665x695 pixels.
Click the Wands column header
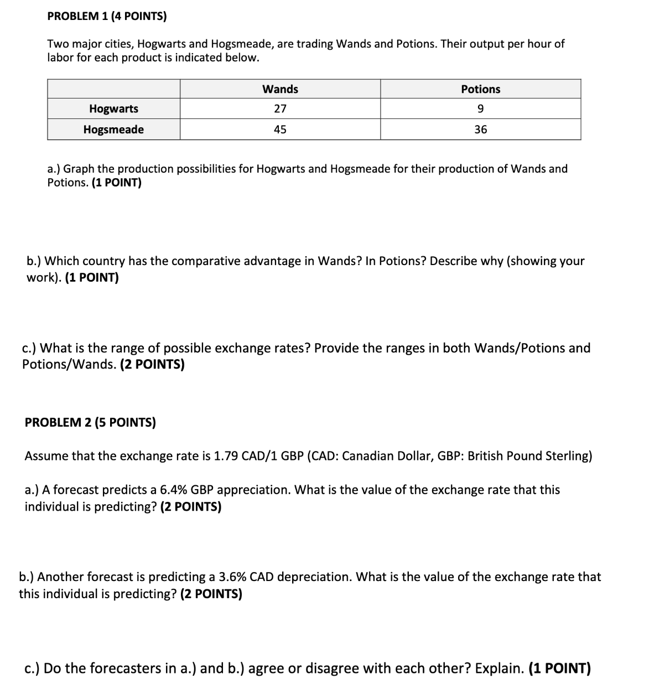pyautogui.click(x=280, y=89)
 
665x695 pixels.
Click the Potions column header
pyautogui.click(x=480, y=89)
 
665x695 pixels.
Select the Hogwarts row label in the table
pyautogui.click(x=113, y=108)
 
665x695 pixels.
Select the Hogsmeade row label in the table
pyautogui.click(x=113, y=129)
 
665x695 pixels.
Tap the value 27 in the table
pyautogui.click(x=280, y=108)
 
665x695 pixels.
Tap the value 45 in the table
pyautogui.click(x=280, y=129)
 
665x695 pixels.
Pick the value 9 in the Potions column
pyautogui.click(x=480, y=108)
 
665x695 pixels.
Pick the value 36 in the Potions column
pyautogui.click(x=480, y=129)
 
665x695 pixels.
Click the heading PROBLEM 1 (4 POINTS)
pyautogui.click(x=107, y=16)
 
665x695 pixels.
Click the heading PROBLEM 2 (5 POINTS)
pyautogui.click(x=90, y=423)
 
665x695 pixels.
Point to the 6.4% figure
pyautogui.click(x=173, y=490)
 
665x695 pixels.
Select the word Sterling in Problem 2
pyautogui.click(x=567, y=456)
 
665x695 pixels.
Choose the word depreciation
pyautogui.click(x=314, y=577)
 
